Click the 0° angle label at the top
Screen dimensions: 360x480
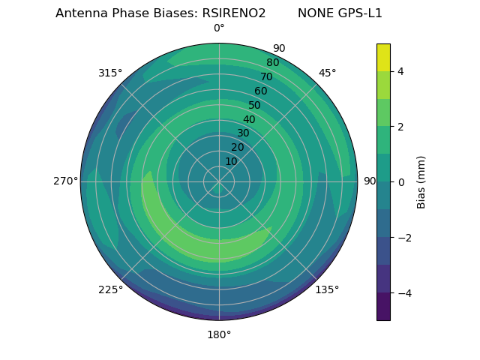pyautogui.click(x=219, y=28)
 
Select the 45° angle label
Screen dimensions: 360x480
pyautogui.click(x=328, y=73)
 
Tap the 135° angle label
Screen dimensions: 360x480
pyautogui.click(x=327, y=289)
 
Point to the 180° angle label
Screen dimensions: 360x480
pyautogui.click(x=219, y=334)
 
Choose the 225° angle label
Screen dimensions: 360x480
pyautogui.click(x=110, y=289)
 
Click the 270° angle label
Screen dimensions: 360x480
pyautogui.click(x=65, y=181)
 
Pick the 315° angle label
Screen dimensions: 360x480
pyautogui.click(x=110, y=73)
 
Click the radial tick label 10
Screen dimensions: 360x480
pyautogui.click(x=232, y=161)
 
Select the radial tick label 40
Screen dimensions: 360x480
pyautogui.click(x=249, y=119)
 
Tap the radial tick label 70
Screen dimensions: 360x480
pyautogui.click(x=266, y=76)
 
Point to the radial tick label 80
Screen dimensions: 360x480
pyautogui.click(x=272, y=62)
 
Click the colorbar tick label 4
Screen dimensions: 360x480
pyautogui.click(x=400, y=71)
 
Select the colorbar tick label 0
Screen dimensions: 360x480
pyautogui.click(x=400, y=182)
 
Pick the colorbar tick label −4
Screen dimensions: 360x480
pyautogui.click(x=403, y=293)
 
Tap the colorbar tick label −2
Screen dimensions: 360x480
pyautogui.click(x=403, y=238)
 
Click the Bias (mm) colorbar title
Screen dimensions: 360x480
pyautogui.click(x=421, y=182)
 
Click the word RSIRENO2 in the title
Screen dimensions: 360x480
pyautogui.click(x=234, y=13)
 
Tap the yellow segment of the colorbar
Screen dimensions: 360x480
pyautogui.click(x=383, y=57)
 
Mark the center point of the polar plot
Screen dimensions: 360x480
pyautogui.click(x=219, y=181)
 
